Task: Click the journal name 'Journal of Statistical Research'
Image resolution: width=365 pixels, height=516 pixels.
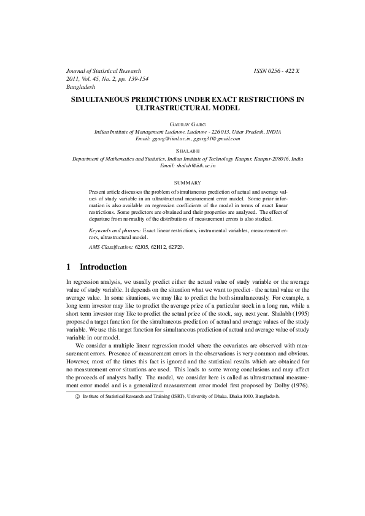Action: tap(104, 71)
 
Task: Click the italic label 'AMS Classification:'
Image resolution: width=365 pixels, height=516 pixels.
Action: tap(111, 246)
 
